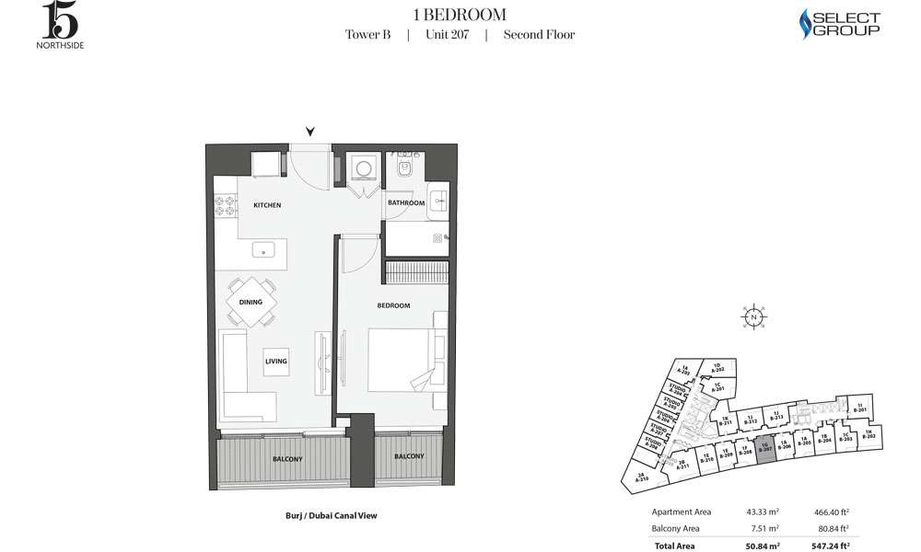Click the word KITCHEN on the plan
267,205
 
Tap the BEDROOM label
393,305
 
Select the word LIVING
276,362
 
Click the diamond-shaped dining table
251,302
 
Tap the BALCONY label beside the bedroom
409,456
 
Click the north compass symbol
753,317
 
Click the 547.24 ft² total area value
829,545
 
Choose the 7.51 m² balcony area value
766,528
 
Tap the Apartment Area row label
682,512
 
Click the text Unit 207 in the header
447,35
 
